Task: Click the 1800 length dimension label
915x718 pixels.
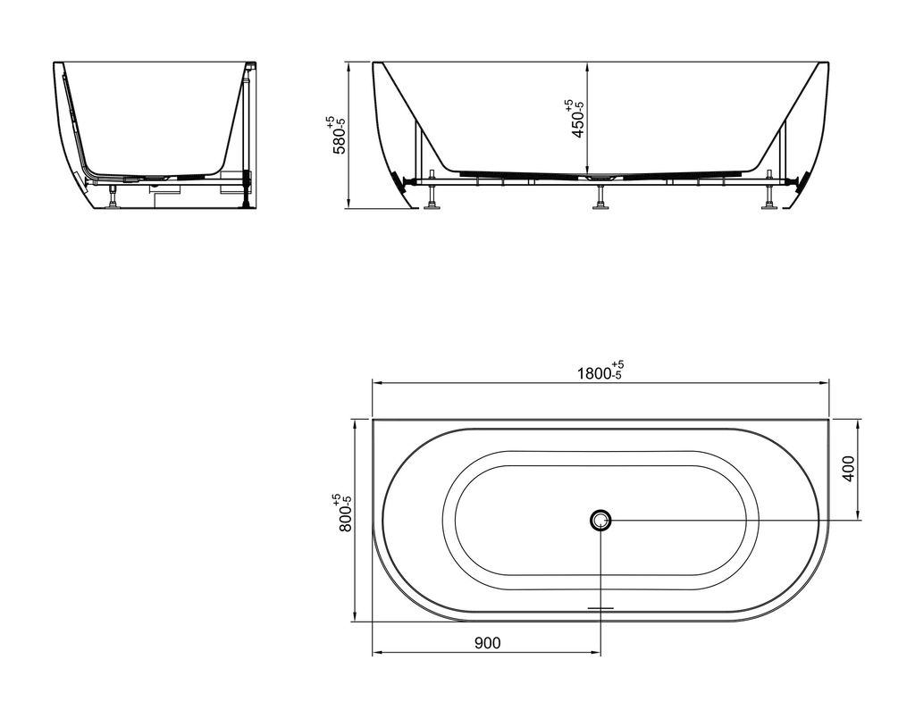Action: pos(600,372)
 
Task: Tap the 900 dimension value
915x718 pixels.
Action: pos(487,643)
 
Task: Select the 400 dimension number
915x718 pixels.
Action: pos(849,468)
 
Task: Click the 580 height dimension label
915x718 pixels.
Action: pos(338,135)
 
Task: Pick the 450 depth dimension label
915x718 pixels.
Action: pos(576,119)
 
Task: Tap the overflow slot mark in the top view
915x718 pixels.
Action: pos(600,608)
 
